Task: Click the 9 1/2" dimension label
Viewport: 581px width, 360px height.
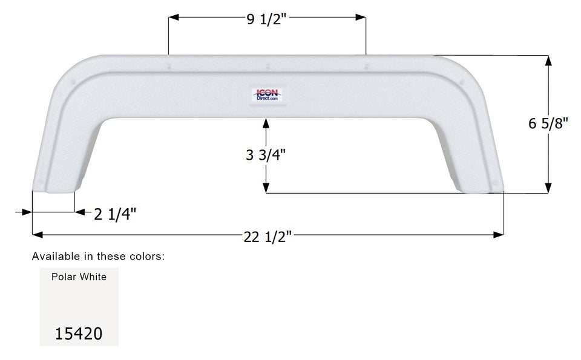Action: [x=266, y=19]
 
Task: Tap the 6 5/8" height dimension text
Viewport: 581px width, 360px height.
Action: [x=548, y=123]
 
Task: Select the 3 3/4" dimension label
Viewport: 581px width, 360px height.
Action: [x=266, y=154]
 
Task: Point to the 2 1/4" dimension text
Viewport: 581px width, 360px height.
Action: [x=115, y=213]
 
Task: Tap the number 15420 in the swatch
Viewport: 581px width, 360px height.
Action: [x=79, y=333]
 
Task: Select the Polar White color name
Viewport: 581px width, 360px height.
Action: [x=79, y=277]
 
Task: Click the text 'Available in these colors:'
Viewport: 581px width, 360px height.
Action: [x=98, y=257]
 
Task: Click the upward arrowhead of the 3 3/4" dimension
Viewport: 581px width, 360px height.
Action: [x=266, y=123]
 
